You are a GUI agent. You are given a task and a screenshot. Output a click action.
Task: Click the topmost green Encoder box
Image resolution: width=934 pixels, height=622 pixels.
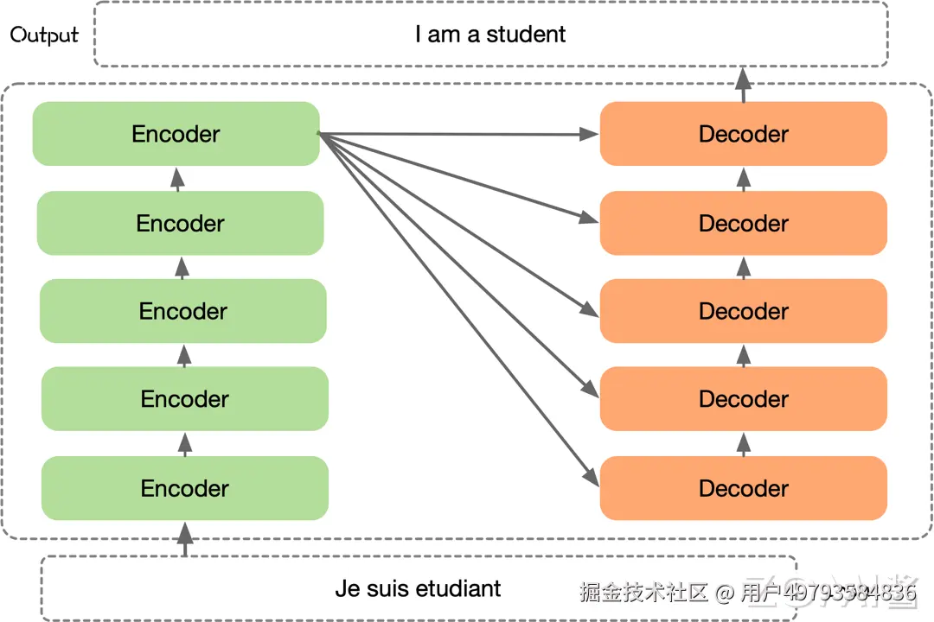(176, 134)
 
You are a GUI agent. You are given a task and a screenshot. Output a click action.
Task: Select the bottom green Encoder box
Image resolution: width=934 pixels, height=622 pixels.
(185, 488)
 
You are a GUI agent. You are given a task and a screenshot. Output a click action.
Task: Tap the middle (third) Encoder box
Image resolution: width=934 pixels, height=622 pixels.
(183, 311)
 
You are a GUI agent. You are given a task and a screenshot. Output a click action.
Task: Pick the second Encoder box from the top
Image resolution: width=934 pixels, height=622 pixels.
(180, 223)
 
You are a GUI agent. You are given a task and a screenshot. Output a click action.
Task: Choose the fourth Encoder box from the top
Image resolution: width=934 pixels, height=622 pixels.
(185, 399)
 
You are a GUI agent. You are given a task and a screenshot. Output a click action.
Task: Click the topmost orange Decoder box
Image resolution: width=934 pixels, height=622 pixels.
(744, 134)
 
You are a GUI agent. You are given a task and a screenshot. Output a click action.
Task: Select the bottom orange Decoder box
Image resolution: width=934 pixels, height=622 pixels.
(744, 488)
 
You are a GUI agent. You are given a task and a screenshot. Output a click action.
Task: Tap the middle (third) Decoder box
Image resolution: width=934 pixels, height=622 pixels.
(744, 311)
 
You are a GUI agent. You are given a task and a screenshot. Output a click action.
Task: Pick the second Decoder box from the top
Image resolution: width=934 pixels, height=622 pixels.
(744, 223)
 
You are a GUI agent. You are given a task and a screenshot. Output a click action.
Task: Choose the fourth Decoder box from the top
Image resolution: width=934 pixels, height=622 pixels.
(744, 399)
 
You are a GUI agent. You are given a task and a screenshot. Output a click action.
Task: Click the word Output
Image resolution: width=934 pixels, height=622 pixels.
(44, 35)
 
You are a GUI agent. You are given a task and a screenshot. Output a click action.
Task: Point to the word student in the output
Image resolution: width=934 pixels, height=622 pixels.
(526, 35)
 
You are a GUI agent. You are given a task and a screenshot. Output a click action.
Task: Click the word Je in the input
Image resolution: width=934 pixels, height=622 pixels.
(346, 589)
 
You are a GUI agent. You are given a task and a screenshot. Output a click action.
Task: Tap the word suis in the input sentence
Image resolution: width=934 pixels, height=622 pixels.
(387, 589)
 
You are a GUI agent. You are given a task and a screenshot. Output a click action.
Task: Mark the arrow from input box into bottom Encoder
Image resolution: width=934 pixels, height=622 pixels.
(184, 539)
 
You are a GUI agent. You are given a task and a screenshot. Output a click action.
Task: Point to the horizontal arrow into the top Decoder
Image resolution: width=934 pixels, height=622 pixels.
(458, 134)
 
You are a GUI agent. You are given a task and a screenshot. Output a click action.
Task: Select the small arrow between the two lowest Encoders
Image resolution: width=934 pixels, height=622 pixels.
(184, 443)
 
